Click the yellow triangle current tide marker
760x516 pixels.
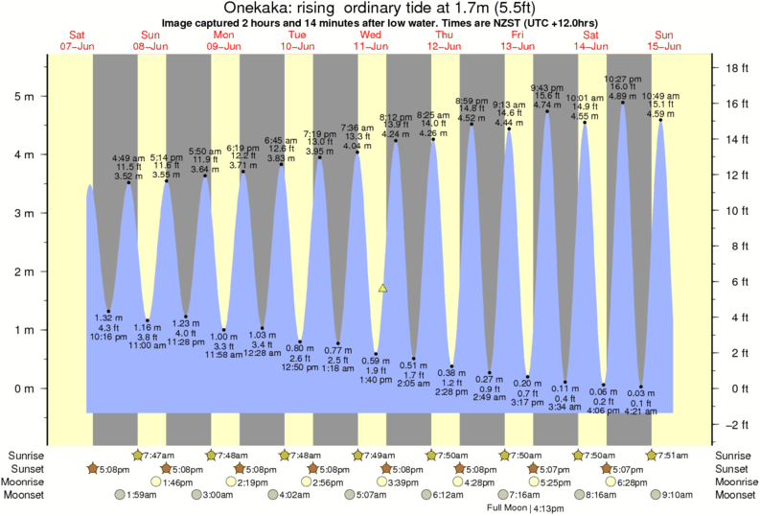coord(383,288)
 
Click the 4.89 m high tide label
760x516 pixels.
coord(621,96)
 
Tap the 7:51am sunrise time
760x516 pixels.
coord(673,455)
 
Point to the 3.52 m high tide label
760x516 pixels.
coord(127,176)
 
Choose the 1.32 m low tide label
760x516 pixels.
coord(108,317)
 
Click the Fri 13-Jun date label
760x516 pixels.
coord(518,40)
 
